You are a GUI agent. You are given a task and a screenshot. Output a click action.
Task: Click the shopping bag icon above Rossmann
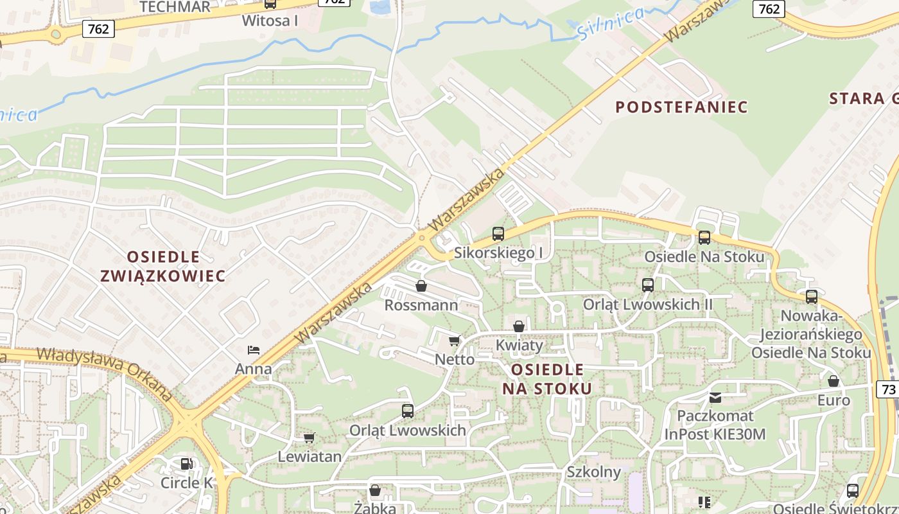[x=421, y=286]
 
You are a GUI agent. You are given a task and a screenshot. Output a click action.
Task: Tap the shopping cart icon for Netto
[x=455, y=341]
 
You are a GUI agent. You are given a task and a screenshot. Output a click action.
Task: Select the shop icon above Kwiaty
[x=519, y=326]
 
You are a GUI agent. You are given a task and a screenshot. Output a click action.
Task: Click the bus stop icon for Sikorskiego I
[x=498, y=234]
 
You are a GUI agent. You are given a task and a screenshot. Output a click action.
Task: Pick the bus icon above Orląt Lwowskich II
[x=647, y=285]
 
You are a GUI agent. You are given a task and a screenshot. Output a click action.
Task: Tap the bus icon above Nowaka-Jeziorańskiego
[x=812, y=297]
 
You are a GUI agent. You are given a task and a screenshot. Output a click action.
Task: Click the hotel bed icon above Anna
[x=254, y=350]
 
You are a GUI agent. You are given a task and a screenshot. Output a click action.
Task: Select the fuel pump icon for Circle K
[x=186, y=463]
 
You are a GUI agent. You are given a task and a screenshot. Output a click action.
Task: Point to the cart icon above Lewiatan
[x=309, y=438]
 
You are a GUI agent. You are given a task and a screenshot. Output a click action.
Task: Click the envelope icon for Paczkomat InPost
[x=715, y=397]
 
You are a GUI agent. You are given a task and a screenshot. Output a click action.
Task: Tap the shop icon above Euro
[x=834, y=381]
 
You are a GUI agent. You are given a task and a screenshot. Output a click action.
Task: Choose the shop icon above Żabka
[x=375, y=491]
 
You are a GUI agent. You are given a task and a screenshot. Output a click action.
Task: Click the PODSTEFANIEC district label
[x=681, y=107]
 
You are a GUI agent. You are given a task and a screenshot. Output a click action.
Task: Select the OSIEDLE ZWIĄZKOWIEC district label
[x=163, y=266]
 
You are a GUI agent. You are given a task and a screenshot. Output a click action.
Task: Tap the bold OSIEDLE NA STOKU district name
[x=547, y=379]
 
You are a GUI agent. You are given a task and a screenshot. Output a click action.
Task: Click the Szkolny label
[x=593, y=472]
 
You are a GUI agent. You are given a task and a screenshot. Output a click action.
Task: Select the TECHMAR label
[x=175, y=7]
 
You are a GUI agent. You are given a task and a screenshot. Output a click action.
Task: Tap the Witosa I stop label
[x=270, y=21]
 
